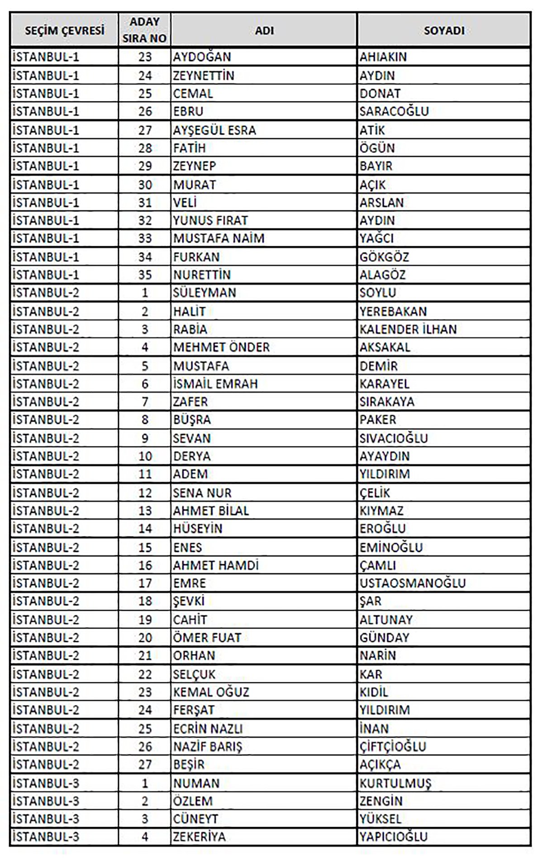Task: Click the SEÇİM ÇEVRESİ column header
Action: point(64,30)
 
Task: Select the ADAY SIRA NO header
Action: point(145,30)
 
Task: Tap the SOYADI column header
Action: point(444,30)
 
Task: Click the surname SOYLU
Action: point(378,293)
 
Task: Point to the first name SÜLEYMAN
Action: point(205,293)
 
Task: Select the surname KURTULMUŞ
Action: point(395,783)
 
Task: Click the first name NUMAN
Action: point(196,783)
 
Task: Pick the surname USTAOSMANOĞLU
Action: point(413,583)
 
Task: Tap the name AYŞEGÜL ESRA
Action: point(214,130)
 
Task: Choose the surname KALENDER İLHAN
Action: point(408,329)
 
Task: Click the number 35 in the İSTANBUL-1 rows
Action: point(145,275)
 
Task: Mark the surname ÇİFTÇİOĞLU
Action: point(393,746)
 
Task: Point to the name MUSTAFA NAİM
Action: point(219,238)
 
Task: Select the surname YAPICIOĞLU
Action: point(393,837)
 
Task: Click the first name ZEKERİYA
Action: point(199,837)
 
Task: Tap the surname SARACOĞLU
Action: point(394,111)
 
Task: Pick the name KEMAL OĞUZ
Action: point(211,692)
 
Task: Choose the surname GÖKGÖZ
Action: point(384,257)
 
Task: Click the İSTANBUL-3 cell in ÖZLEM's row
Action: point(46,801)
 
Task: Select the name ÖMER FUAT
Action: point(207,638)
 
